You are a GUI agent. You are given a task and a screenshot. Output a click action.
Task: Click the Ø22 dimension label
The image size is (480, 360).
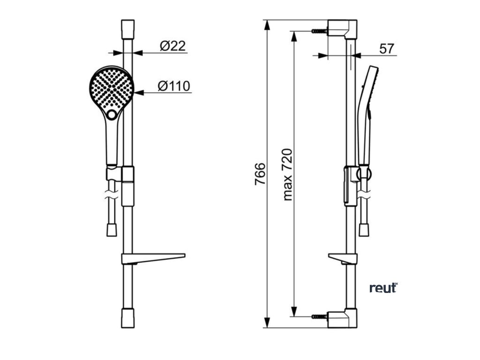(x=172, y=46)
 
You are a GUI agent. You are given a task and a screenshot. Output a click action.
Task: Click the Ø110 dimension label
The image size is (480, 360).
(x=173, y=86)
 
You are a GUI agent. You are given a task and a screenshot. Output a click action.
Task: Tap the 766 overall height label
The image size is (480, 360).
(x=260, y=173)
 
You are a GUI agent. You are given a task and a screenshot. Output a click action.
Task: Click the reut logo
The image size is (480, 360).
(x=383, y=288)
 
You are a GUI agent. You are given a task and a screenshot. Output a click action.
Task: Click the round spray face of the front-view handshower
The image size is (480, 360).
(x=111, y=88)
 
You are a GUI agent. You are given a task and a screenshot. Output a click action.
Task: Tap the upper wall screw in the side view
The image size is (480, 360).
(x=319, y=31)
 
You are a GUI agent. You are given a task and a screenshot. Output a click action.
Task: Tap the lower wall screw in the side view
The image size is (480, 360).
(x=319, y=317)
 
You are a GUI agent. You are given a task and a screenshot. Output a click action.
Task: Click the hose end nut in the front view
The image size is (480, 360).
(x=112, y=229)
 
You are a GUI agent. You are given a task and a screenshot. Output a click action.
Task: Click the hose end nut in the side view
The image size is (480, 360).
(x=364, y=229)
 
